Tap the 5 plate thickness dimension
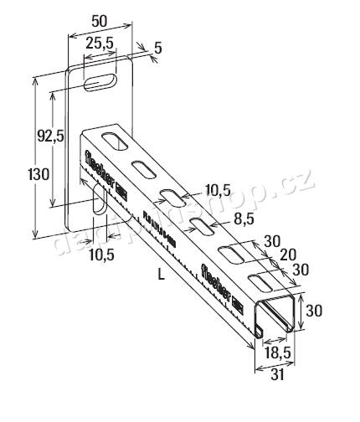coord(157,49)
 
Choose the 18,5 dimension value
coord(272,355)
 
